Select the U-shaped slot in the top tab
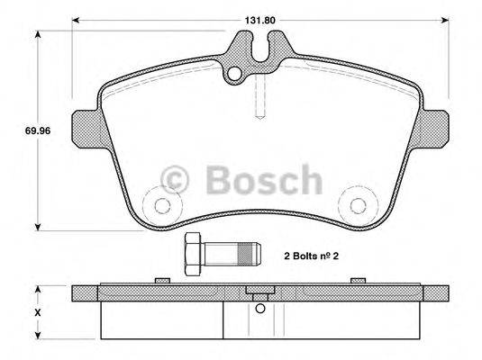[262, 48]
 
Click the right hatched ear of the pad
[435, 124]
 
